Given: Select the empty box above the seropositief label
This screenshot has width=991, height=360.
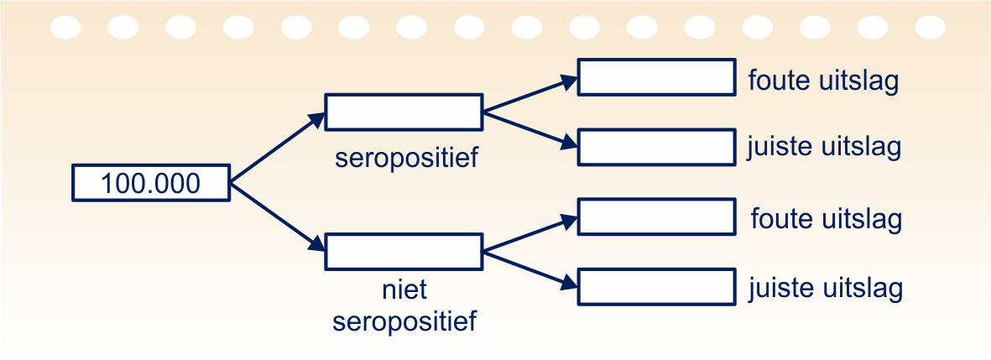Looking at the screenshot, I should (404, 112).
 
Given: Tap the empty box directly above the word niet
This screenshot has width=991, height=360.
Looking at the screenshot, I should (404, 253).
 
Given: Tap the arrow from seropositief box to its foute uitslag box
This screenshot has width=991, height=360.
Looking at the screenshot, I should (530, 95).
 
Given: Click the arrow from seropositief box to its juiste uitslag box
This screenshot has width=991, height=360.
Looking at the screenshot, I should (530, 129).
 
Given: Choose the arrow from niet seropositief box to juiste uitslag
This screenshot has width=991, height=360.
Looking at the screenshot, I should (530, 269).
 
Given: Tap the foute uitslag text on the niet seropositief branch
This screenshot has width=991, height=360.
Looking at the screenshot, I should (827, 219).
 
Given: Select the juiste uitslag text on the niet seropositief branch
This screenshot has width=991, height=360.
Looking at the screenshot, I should (826, 290).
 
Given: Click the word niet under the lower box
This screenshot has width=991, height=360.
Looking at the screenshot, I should (404, 291).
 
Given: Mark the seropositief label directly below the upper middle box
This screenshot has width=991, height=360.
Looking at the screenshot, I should (406, 158).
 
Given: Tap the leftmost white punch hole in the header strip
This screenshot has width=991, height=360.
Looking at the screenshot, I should (65, 28).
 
